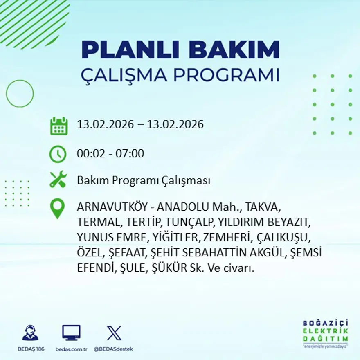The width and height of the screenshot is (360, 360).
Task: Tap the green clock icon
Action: [x=58, y=154]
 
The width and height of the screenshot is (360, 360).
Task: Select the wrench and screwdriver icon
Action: [x=58, y=180]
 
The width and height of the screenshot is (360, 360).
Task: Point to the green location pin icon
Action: [x=57, y=209]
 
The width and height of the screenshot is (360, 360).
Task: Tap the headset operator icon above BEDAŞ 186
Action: [x=30, y=333]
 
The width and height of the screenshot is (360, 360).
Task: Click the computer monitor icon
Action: [x=71, y=333]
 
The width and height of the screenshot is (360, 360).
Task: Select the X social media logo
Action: [x=114, y=333]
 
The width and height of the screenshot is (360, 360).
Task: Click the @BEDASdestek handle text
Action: [x=113, y=349]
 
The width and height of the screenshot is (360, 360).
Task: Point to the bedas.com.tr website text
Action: [x=72, y=349]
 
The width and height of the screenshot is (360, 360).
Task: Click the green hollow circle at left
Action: [x=20, y=94]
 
